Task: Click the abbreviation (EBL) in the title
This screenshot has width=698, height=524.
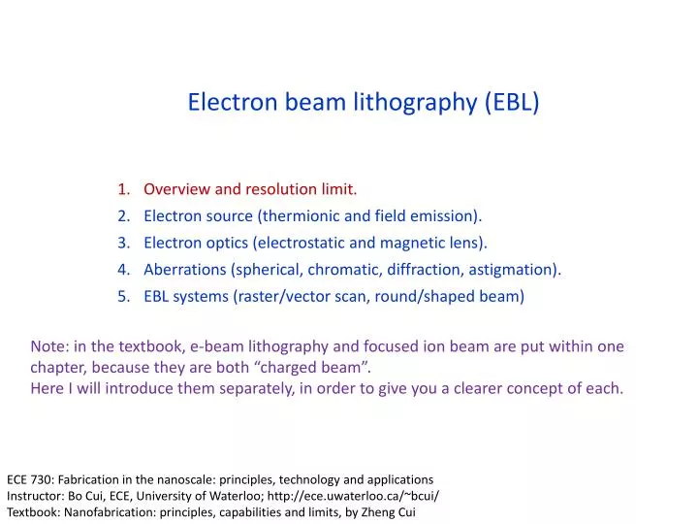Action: [x=510, y=103]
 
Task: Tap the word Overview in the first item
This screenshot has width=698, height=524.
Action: [x=176, y=188]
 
